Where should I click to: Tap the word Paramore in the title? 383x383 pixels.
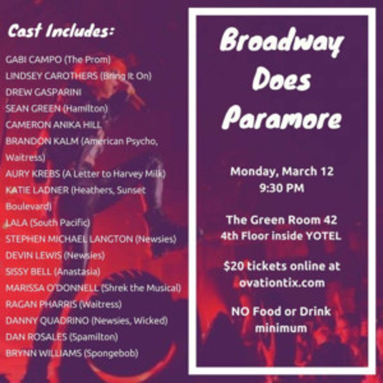pos(282,118)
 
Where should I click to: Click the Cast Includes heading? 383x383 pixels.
pos(60,31)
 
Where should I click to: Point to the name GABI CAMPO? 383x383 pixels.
pos(33,60)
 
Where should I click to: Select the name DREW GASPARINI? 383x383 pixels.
pos(43,92)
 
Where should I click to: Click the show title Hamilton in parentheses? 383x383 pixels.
pos(85,109)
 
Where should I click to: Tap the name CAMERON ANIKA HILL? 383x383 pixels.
pos(53,125)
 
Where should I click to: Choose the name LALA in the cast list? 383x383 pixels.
pos(17,223)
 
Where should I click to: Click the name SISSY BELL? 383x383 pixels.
pos(28,272)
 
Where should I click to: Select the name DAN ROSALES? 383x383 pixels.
pos(36,337)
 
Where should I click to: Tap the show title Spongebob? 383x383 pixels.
pos(111,353)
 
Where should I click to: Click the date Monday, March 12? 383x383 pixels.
pos(282,172)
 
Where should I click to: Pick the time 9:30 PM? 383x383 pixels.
pos(282,188)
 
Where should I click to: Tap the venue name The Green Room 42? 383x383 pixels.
pos(282,220)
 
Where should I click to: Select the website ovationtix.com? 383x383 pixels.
pos(282,283)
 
